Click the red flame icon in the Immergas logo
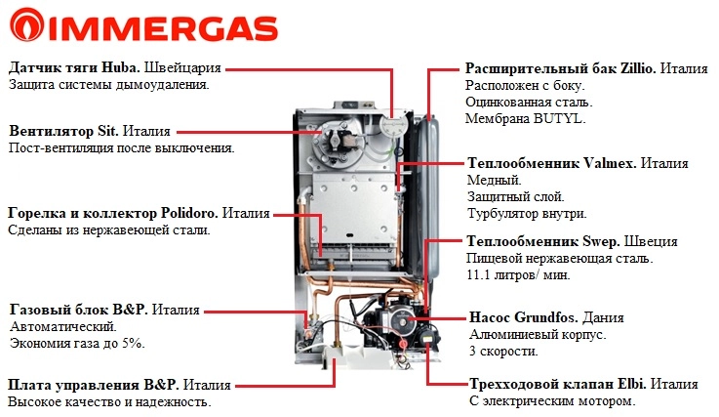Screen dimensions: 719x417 pos(26,24)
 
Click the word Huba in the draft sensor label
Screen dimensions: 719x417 pos(121,67)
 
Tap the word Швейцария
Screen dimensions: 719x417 pos(182,68)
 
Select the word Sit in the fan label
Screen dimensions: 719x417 pos(107,131)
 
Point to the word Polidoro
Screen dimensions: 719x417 pos(189,213)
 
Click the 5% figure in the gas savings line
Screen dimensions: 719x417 pos(133,343)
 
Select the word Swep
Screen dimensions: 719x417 pos(601,241)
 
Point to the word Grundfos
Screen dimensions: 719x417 pos(546,317)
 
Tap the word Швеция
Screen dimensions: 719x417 pos(651,241)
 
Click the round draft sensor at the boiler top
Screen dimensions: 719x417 pos(393,125)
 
